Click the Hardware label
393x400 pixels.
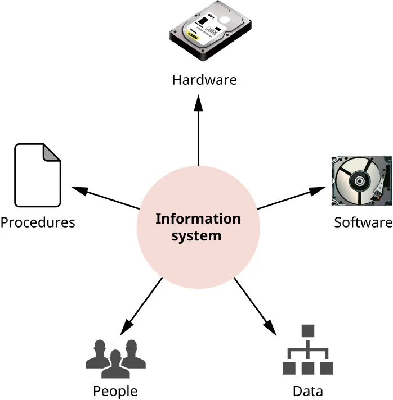click(x=204, y=79)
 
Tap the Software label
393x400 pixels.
click(x=363, y=222)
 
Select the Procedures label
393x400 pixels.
click(x=38, y=222)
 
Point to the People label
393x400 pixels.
click(x=115, y=390)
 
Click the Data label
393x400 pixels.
click(x=307, y=390)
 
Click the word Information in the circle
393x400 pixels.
click(x=198, y=219)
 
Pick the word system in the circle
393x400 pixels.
click(x=196, y=235)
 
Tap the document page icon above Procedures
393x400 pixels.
click(x=37, y=175)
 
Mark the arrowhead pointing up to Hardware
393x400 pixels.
click(x=198, y=103)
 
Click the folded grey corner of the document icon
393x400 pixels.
click(x=53, y=153)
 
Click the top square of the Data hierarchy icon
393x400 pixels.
click(x=307, y=331)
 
